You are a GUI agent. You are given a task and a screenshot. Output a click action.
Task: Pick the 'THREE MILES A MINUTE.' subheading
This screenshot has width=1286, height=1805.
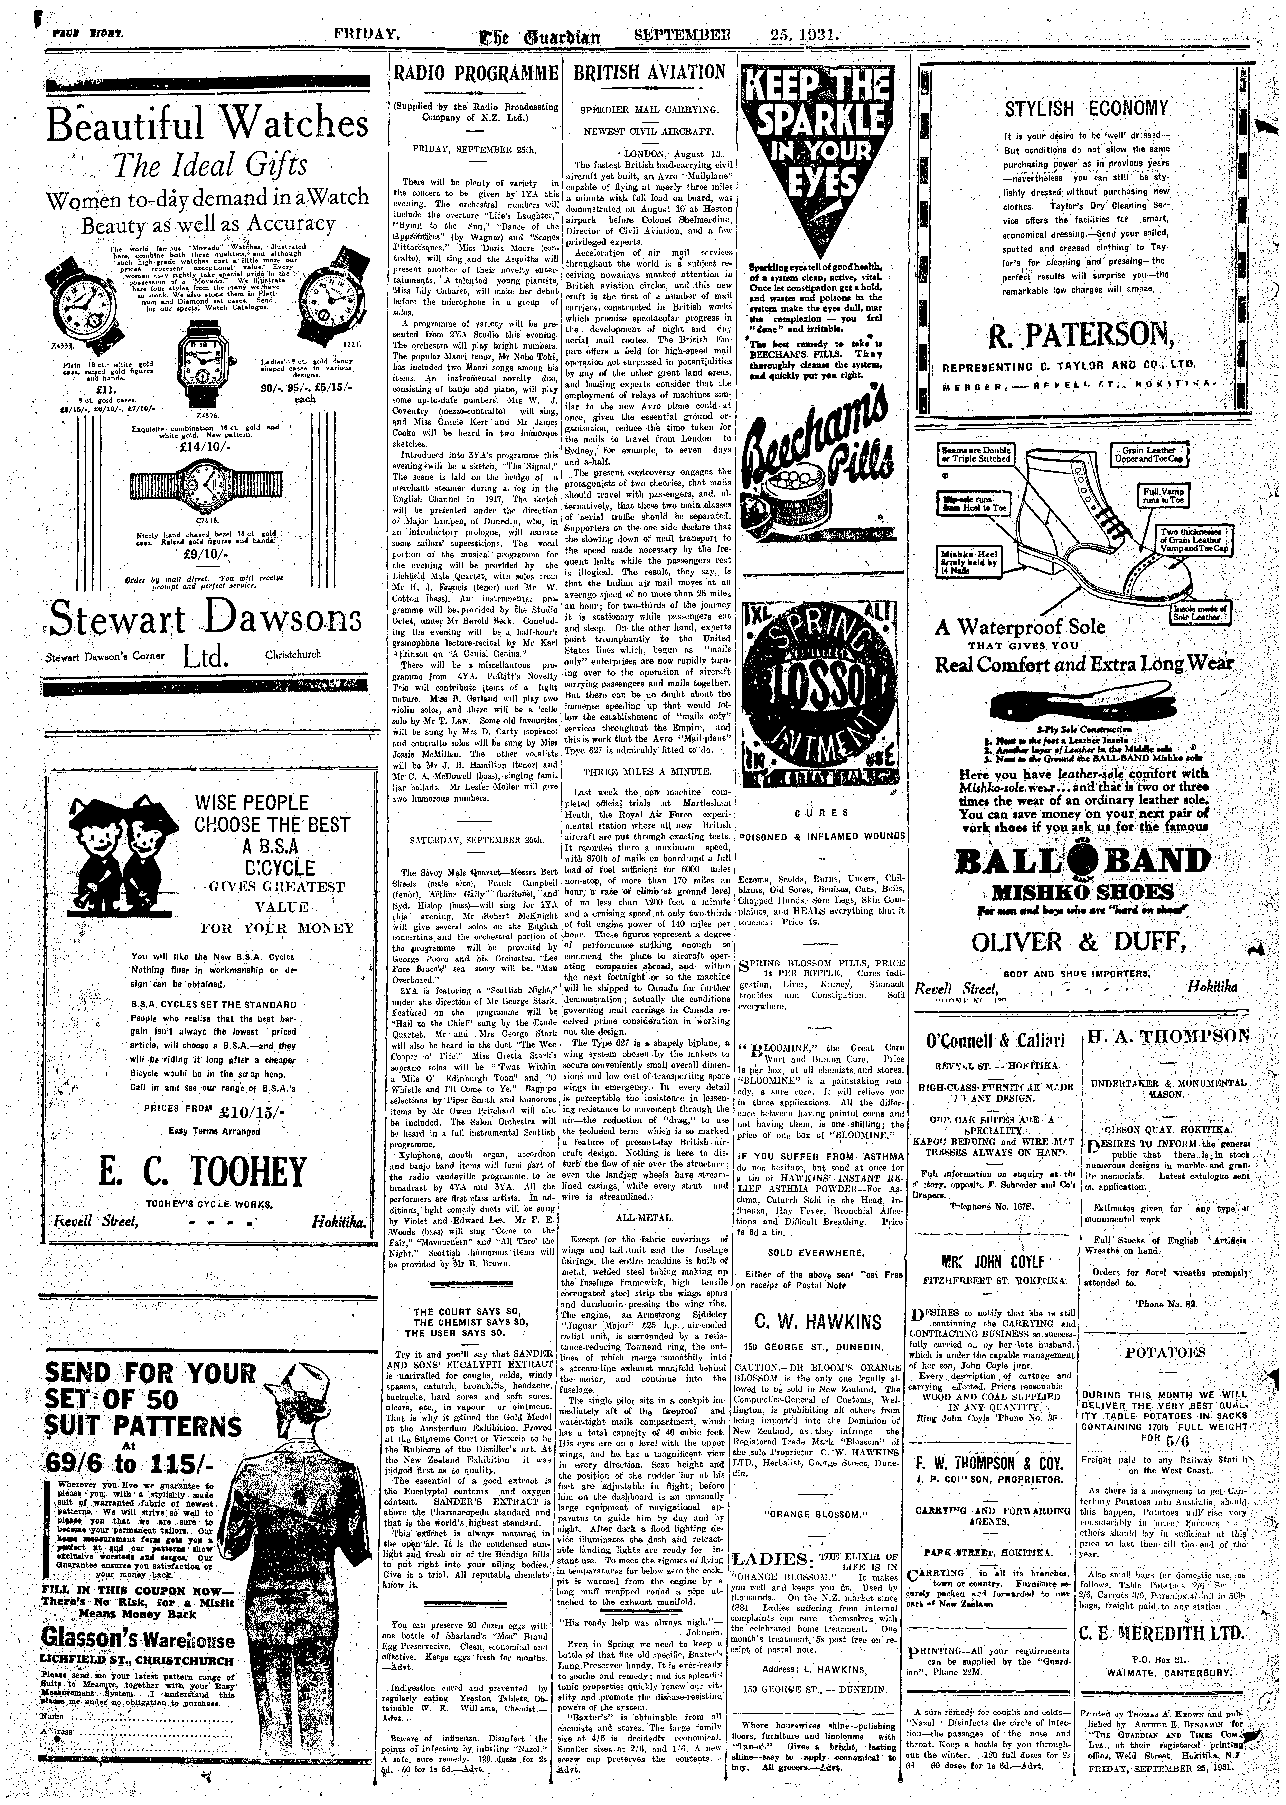click(x=648, y=771)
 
